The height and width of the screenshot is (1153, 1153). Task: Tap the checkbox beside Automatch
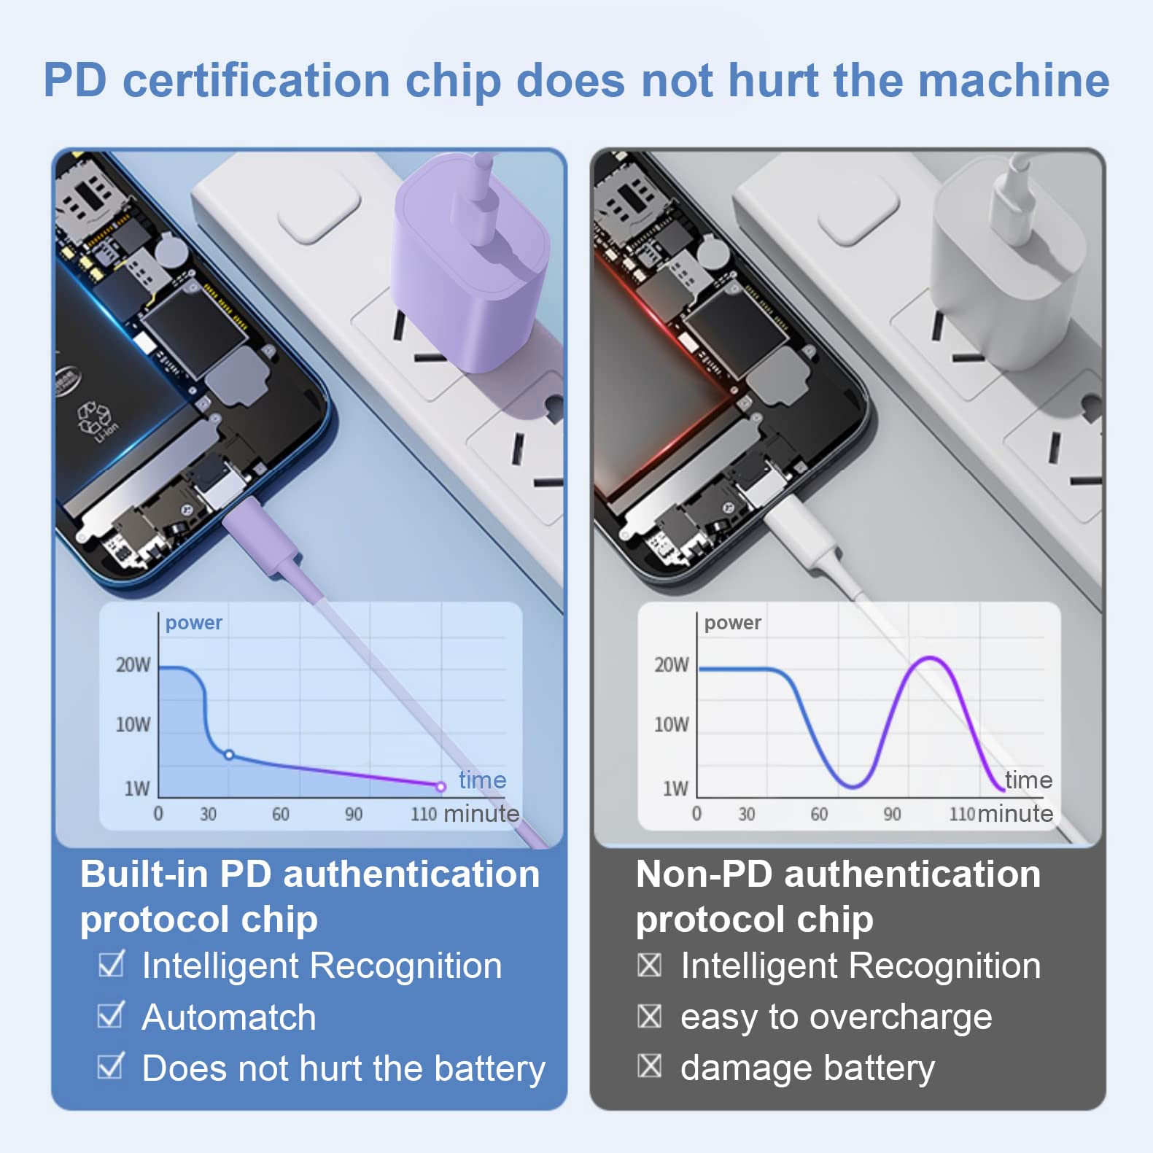[x=111, y=1014]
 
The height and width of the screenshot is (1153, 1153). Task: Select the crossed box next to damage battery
[x=649, y=1065]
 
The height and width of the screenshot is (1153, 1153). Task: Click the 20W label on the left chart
[x=133, y=664]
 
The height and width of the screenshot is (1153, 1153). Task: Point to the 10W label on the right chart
[x=671, y=724]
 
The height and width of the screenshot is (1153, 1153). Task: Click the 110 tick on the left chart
[x=423, y=814]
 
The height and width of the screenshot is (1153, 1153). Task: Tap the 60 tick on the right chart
[x=819, y=814]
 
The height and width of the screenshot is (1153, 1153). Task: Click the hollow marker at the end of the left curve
[x=440, y=786]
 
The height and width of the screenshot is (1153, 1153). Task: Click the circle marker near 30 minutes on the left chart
[x=229, y=755]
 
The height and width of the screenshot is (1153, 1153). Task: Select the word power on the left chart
[x=193, y=624]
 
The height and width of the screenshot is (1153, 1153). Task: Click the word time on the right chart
[x=1028, y=780]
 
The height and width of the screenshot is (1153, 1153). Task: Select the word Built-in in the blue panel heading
[x=144, y=874]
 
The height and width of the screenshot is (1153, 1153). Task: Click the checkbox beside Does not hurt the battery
[x=111, y=1065]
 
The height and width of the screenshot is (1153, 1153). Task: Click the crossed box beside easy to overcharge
[x=649, y=1015]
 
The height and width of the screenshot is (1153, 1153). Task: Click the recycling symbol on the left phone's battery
[x=95, y=417]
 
